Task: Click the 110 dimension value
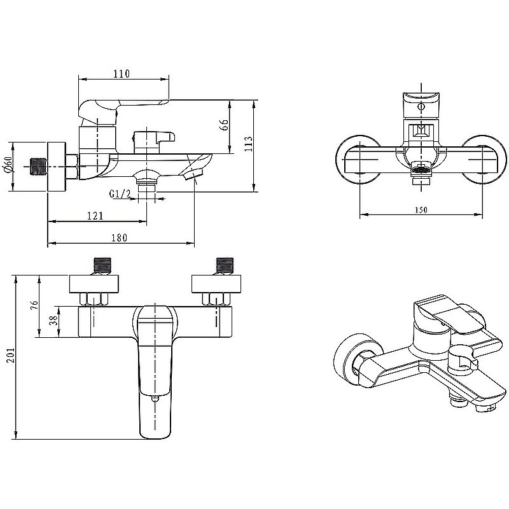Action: point(122,74)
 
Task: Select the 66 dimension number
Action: point(225,125)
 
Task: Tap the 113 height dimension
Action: point(248,143)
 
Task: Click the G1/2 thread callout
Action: point(120,194)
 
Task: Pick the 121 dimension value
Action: point(95,216)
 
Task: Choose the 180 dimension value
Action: point(119,238)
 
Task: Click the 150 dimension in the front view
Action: point(421,210)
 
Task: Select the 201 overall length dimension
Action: point(11,355)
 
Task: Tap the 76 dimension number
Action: point(34,305)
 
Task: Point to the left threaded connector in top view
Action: point(102,266)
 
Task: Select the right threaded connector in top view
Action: point(225,266)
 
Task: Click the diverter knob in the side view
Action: point(154,141)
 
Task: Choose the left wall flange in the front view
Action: point(358,160)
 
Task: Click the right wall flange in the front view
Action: point(484,160)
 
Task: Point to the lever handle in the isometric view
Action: point(449,316)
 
